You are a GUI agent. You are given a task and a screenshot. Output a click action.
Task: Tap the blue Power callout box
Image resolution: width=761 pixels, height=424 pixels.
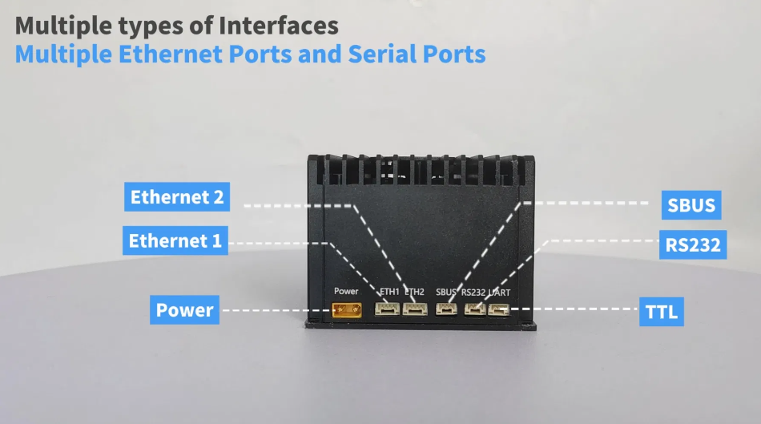point(185,310)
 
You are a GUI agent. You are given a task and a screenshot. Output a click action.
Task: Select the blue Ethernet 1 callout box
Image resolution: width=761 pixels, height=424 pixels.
point(175,240)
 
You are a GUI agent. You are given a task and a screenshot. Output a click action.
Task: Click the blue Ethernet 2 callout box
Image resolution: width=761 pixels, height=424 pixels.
point(177,196)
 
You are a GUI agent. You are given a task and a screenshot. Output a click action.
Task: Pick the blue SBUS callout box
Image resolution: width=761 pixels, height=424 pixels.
point(691,205)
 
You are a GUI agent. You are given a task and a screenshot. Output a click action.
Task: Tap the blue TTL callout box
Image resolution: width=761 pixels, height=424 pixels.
point(661,311)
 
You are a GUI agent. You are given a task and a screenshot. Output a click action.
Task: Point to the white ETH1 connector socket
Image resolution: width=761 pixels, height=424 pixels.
point(389,309)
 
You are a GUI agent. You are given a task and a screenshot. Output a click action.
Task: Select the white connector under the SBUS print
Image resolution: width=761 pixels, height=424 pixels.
point(445,309)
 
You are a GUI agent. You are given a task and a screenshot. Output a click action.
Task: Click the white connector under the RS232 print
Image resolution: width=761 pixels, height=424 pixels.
point(473,309)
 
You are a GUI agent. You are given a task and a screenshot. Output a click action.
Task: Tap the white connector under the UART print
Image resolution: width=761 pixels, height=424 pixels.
point(498,309)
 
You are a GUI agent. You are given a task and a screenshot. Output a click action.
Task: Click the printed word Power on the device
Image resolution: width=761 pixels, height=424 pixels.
point(346,291)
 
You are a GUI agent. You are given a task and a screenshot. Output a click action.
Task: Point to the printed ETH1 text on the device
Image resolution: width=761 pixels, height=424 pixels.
point(389,292)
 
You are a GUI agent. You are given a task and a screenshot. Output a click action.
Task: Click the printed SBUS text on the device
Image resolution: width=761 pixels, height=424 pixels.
point(445,292)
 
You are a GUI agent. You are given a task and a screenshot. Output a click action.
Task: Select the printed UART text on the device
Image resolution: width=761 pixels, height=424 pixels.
point(499,292)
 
